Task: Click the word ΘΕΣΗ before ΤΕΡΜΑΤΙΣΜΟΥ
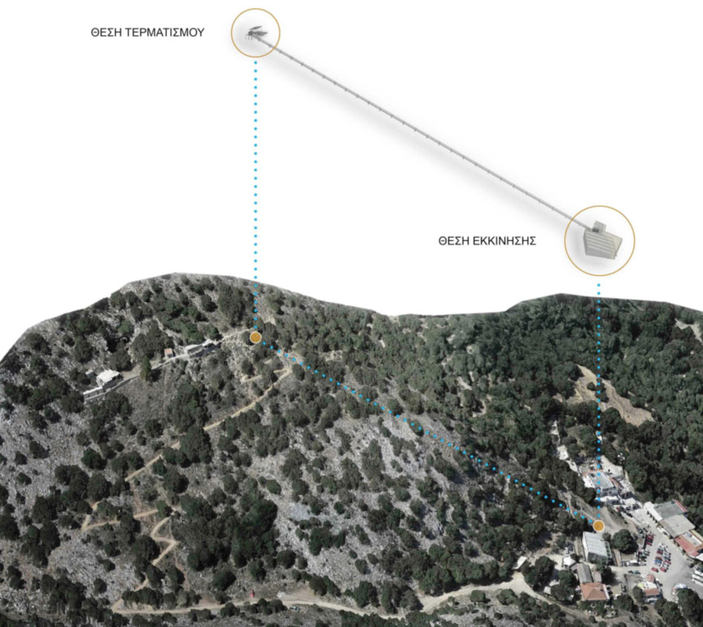tap(106, 32)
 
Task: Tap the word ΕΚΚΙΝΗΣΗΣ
tap(505, 241)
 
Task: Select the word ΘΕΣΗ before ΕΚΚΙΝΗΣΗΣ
tap(454, 241)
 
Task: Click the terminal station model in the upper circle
tap(256, 33)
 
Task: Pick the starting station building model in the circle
tap(603, 240)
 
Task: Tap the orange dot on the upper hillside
tap(255, 338)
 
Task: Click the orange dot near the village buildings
tap(598, 525)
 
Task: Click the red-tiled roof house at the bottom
tap(595, 591)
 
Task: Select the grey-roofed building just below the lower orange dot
tap(596, 547)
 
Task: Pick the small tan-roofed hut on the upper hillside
tap(169, 352)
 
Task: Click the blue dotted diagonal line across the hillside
tap(427, 431)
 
